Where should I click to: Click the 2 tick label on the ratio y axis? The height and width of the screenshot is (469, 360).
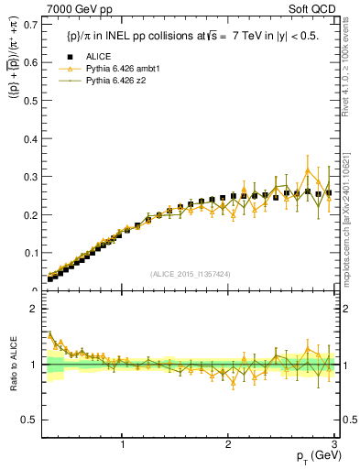[x=37, y=309]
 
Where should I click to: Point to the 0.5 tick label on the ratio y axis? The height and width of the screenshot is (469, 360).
[x=33, y=420]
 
